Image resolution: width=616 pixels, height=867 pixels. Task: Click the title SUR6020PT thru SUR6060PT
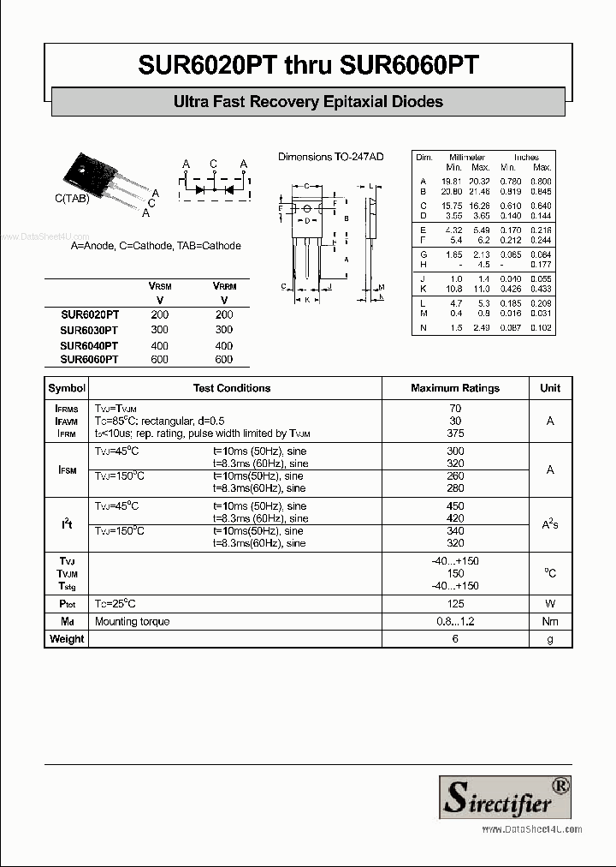pos(308,64)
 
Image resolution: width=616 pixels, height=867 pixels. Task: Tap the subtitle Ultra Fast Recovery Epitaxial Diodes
pos(308,102)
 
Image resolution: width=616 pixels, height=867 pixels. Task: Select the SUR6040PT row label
pos(89,345)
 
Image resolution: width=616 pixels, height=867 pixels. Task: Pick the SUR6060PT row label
pos(89,360)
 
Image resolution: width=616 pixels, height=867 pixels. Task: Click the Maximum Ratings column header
pos(455,388)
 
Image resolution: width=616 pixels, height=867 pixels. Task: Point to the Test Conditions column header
pos(232,388)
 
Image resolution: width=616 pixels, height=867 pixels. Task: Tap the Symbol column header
pos(67,388)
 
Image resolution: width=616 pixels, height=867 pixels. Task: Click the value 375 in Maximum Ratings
pos(455,433)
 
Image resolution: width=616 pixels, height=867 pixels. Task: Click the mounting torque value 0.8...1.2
pos(455,622)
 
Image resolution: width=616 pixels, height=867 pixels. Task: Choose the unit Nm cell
pos(550,622)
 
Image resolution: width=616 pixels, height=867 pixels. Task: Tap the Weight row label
pos(67,639)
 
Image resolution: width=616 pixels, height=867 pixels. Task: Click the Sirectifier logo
pos(505,797)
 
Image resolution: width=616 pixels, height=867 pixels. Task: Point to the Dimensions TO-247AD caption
pos(331,157)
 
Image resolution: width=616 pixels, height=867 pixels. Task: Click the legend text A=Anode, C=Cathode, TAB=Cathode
pos(156,246)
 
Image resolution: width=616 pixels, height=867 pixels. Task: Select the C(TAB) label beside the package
pos(72,199)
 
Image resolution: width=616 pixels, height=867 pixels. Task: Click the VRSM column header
pos(159,286)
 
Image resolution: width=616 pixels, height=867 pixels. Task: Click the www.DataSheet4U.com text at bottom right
pos(531,829)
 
